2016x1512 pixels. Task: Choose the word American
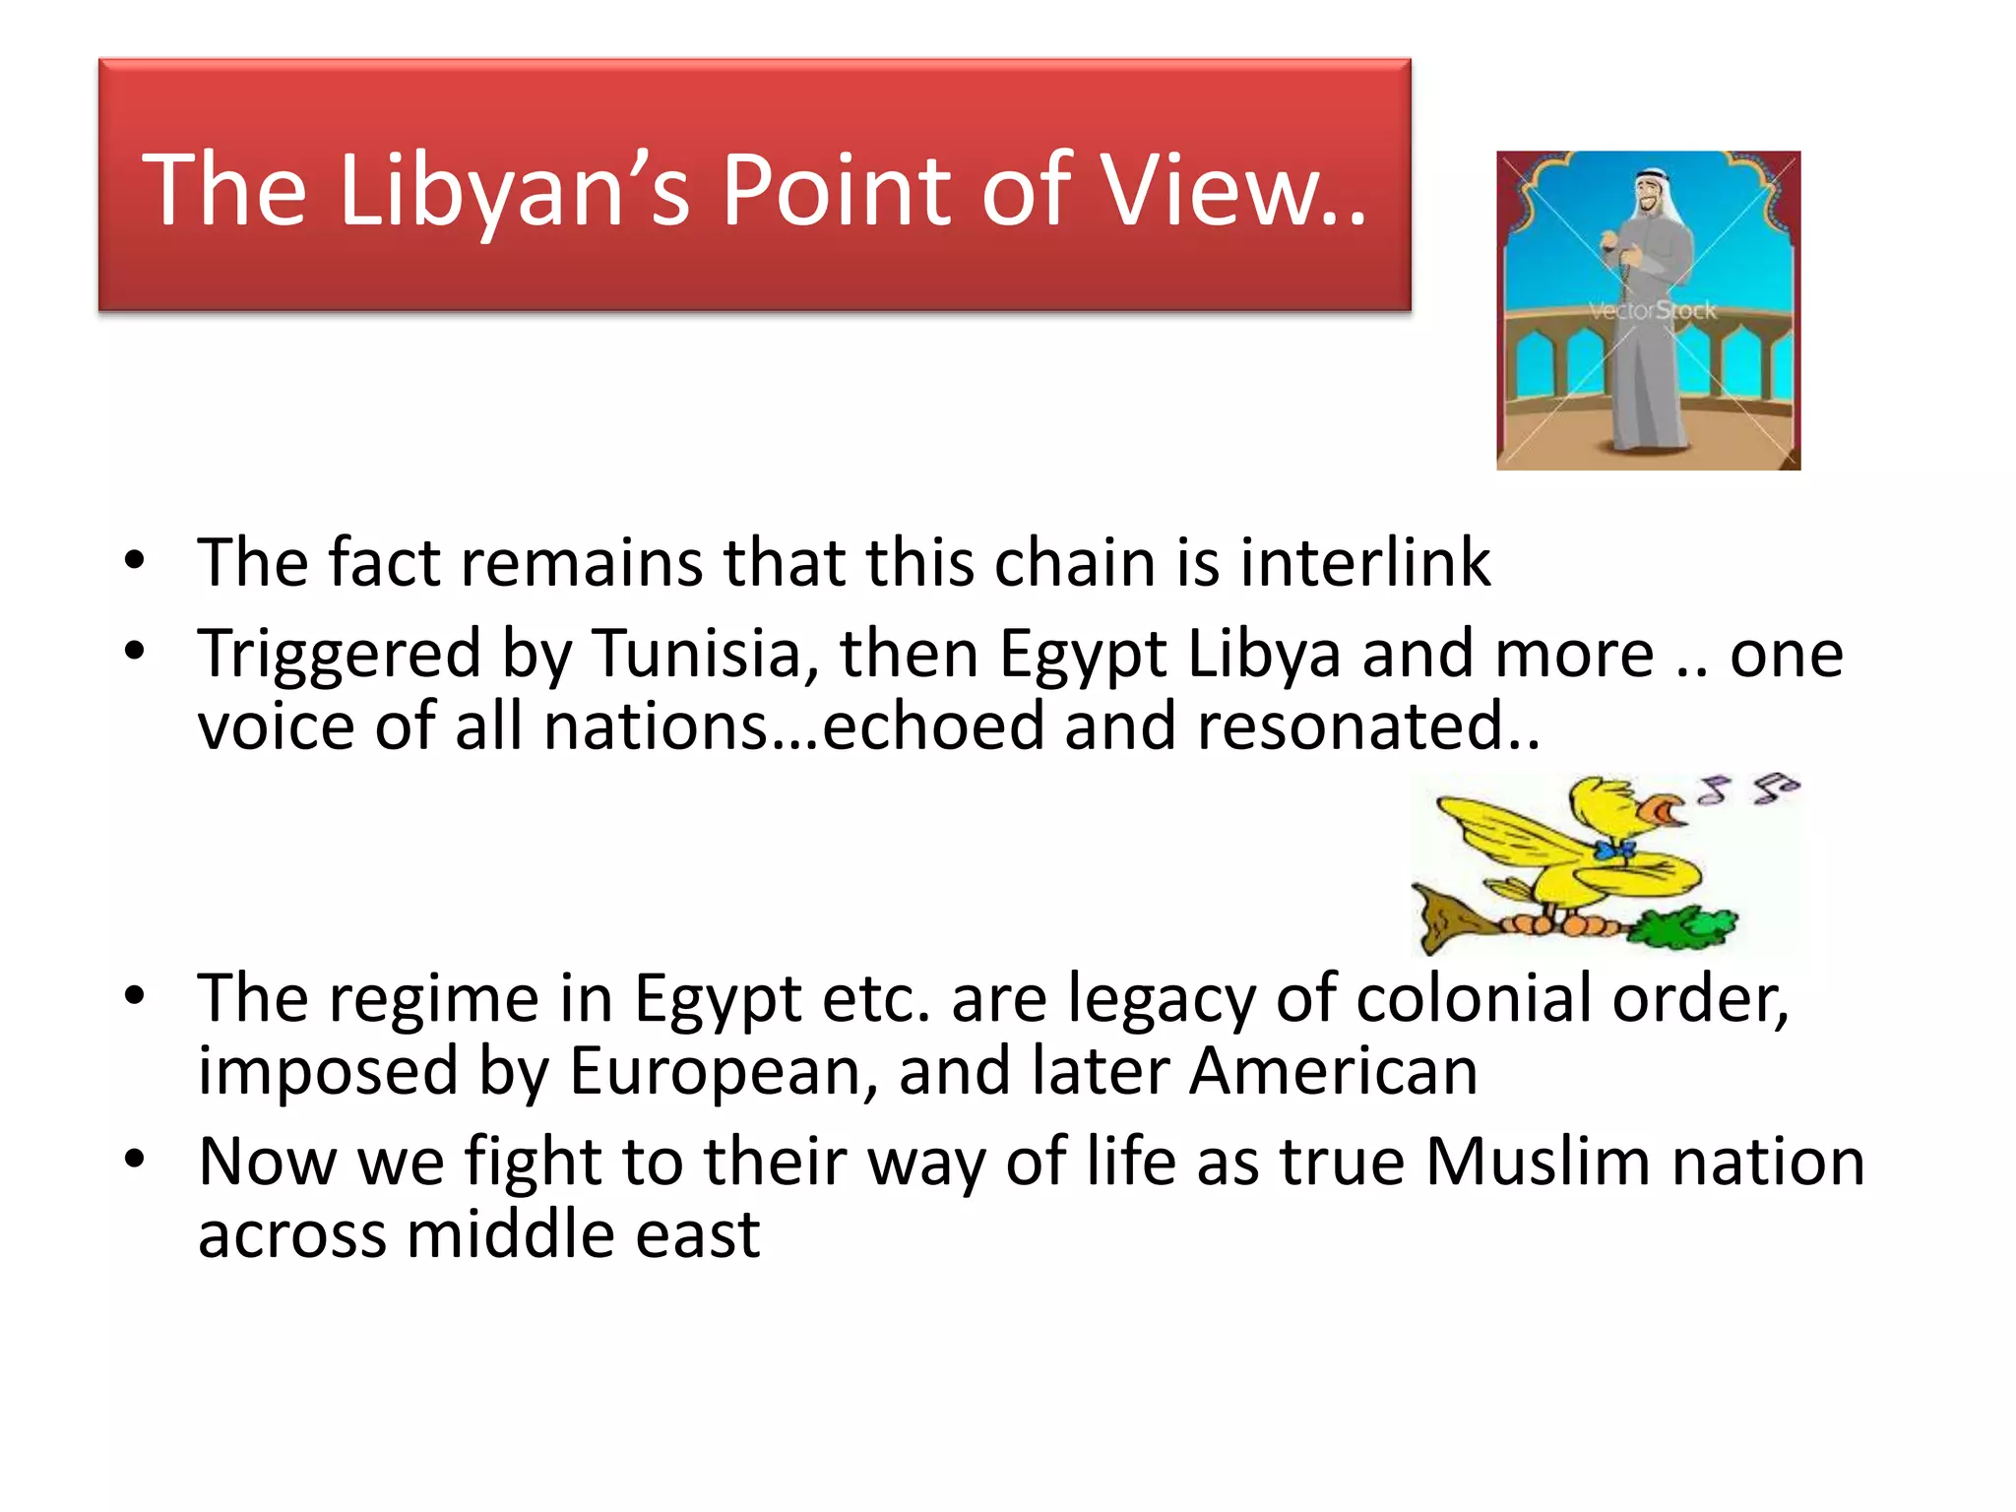tap(1333, 1071)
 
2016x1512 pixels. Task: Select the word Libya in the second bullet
tap(1264, 654)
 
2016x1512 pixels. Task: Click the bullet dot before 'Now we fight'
tap(135, 1160)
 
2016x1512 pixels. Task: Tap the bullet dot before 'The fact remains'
tap(135, 561)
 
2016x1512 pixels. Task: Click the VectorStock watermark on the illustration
tap(1652, 311)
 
